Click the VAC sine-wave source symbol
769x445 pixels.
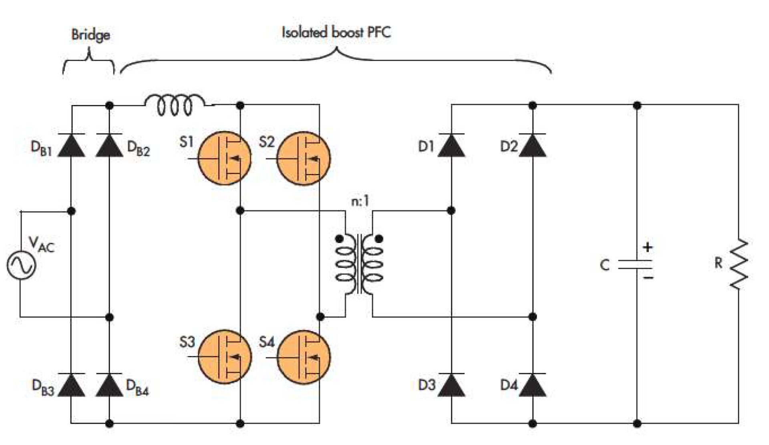pyautogui.click(x=21, y=265)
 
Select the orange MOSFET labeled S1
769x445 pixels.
pyautogui.click(x=225, y=158)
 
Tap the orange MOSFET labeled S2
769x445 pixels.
pyautogui.click(x=304, y=158)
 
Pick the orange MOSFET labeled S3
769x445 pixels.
pyautogui.click(x=225, y=356)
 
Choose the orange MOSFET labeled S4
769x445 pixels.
pyautogui.click(x=304, y=356)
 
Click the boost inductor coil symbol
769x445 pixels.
pyautogui.click(x=175, y=105)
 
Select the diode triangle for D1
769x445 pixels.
pyautogui.click(x=451, y=146)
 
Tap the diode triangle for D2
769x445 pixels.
pyautogui.click(x=532, y=146)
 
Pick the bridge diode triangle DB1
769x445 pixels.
pyautogui.click(x=71, y=146)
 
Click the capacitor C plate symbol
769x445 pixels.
pyautogui.click(x=636, y=265)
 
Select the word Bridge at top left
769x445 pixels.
pyautogui.click(x=91, y=34)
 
